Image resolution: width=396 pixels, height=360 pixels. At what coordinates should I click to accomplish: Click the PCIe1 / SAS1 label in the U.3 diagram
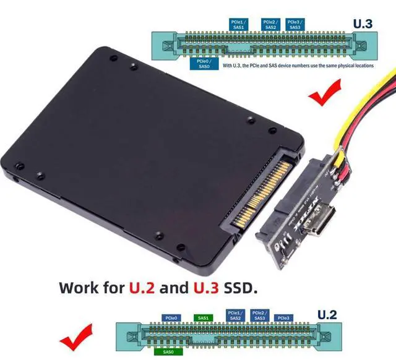(238, 24)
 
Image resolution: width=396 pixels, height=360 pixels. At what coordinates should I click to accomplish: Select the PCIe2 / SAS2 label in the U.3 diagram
(270, 24)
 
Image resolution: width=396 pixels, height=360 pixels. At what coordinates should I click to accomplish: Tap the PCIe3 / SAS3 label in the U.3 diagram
(295, 24)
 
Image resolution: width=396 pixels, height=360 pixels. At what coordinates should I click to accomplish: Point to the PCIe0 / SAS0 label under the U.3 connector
(203, 64)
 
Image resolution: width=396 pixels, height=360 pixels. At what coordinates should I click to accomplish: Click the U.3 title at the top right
(363, 24)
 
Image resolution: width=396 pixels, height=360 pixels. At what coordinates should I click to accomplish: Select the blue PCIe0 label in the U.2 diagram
(171, 318)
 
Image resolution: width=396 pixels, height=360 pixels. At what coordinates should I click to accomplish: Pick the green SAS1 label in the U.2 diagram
(204, 318)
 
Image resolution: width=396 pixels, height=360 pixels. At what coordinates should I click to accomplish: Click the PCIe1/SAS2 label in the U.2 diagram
(236, 315)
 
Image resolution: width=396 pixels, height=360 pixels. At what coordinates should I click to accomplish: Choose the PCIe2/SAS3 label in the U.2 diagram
(260, 315)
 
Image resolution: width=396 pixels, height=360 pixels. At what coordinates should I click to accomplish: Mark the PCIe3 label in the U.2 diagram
(283, 318)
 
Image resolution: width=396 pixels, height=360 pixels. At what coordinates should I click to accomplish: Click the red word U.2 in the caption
(142, 288)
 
